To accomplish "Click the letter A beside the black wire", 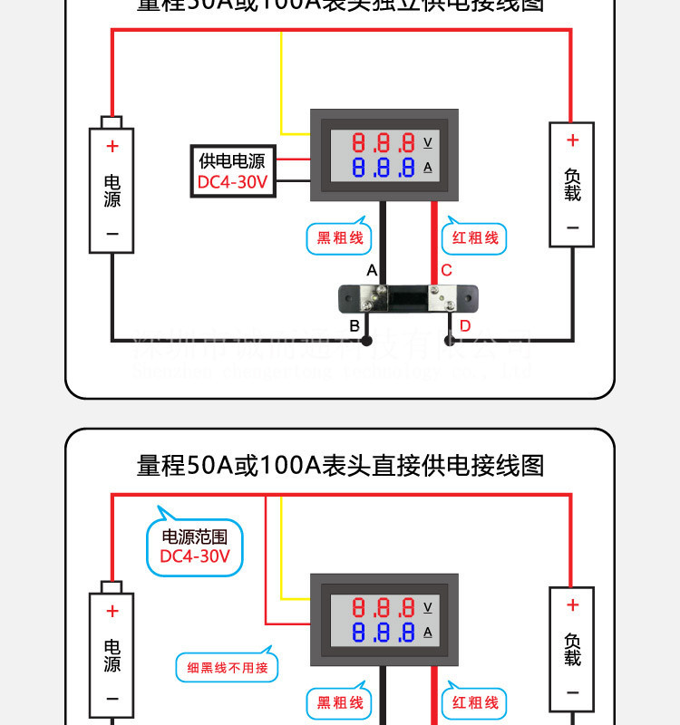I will coord(372,270).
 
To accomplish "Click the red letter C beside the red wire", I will coord(446,270).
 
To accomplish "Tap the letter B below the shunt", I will coord(355,326).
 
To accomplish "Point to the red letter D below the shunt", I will coord(464,326).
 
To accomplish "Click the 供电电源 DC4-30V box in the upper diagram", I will coord(233,171).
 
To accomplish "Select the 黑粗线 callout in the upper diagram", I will coord(339,238).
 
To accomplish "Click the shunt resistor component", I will coord(409,298).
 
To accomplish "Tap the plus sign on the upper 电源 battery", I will coord(112,146).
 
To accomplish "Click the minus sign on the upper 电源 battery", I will coord(112,234).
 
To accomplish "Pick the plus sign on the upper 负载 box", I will coord(572,140).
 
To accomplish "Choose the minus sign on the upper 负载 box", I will coord(572,227).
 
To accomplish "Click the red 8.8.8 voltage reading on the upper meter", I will coord(384,143).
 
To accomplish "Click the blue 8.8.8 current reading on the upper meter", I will coord(384,168).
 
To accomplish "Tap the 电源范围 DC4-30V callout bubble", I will coord(195,546).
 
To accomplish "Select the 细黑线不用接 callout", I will coord(228,668).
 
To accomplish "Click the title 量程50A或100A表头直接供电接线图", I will coord(340,466).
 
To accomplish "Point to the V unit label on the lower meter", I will coord(428,607).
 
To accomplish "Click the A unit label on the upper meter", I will coord(428,168).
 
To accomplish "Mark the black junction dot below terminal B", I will coord(366,342).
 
